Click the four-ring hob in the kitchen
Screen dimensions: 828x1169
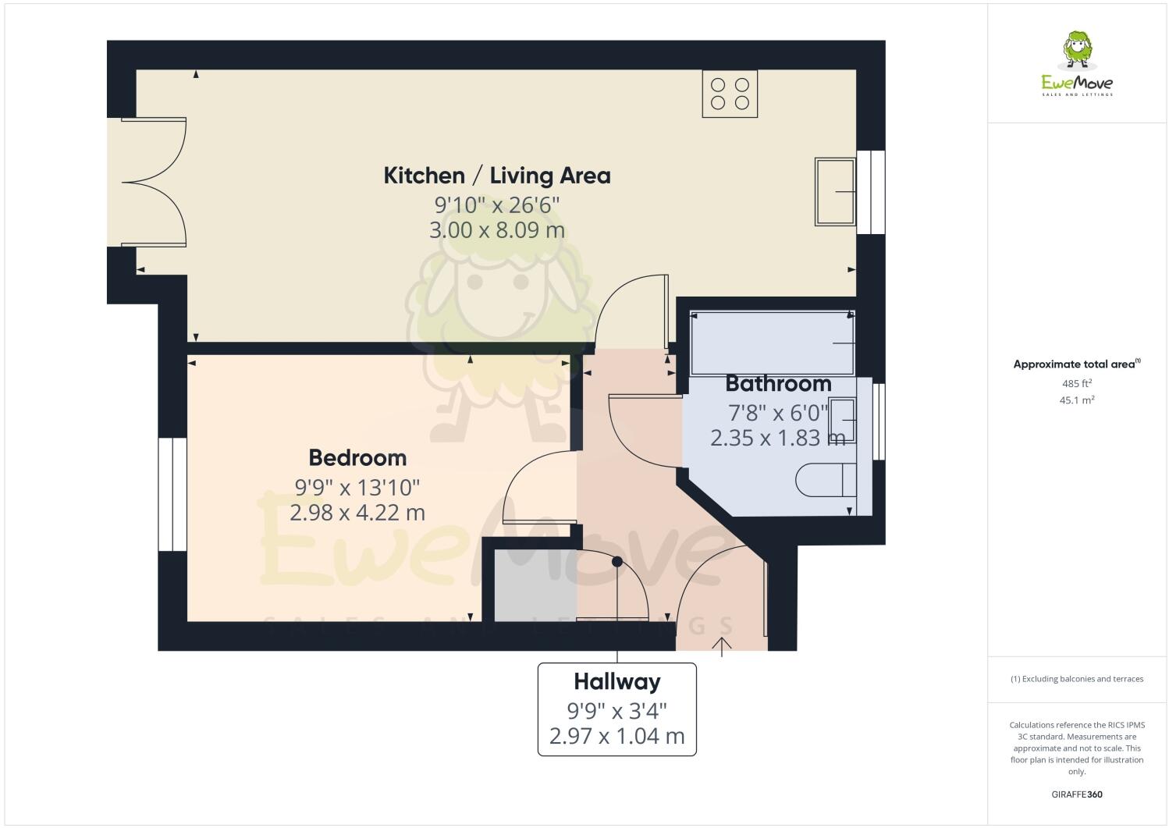tap(730, 94)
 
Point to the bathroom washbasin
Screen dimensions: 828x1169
tap(843, 420)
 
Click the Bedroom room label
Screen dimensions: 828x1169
tap(357, 457)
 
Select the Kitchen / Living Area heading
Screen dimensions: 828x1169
tap(496, 176)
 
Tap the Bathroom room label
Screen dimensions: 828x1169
tap(778, 384)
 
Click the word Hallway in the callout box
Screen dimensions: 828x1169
tap(616, 682)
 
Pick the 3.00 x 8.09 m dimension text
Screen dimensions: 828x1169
tap(496, 230)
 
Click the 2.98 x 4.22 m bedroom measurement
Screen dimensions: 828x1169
tap(357, 513)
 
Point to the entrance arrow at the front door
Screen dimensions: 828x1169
tap(722, 646)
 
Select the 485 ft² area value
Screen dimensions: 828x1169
tap(1076, 383)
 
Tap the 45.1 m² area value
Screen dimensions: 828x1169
tap(1076, 400)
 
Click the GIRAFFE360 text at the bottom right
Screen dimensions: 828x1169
tap(1076, 794)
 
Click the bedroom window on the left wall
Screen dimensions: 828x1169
tap(172, 494)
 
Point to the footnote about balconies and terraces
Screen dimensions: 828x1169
tap(1076, 679)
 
